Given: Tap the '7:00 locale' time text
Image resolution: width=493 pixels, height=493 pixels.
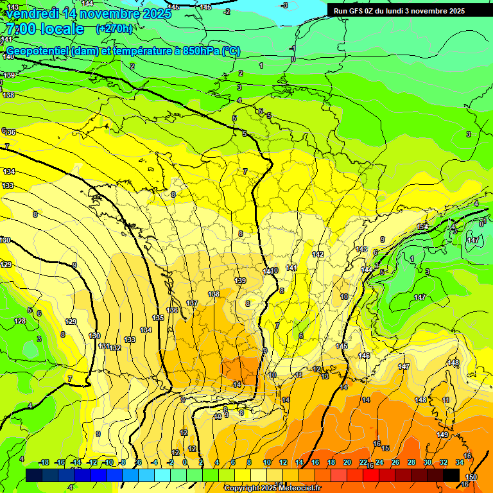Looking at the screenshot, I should pos(44,29).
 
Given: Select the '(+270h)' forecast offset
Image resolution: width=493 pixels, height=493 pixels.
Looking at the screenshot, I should pos(114,28).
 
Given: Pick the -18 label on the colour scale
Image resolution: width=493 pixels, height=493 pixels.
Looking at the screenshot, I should pos(44,462).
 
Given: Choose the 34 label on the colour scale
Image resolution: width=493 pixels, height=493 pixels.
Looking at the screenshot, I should pos(460,462).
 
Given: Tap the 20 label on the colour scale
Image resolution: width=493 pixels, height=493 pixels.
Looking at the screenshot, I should pos(347,462).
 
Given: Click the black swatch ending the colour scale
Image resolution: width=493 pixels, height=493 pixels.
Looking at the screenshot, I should pos(451,475).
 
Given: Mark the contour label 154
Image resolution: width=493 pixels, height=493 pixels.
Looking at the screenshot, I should pos(422,227).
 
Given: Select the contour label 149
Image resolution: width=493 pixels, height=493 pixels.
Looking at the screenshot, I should pos(442,435).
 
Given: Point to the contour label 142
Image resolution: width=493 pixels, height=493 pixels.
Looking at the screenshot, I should pos(318,254).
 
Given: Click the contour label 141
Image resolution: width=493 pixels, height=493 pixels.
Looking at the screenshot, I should pos(292,267).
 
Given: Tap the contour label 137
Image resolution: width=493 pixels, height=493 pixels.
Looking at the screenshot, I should pos(191,303).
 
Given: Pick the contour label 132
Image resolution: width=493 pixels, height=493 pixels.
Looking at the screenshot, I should pos(116,348).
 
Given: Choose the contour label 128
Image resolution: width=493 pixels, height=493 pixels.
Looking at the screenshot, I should pos(20,321).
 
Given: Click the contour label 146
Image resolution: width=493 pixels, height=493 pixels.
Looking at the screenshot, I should pos(364,356).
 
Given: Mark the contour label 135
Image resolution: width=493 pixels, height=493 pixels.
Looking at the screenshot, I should pos(158,318).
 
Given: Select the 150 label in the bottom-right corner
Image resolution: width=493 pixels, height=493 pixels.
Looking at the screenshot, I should pos(471,477).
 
